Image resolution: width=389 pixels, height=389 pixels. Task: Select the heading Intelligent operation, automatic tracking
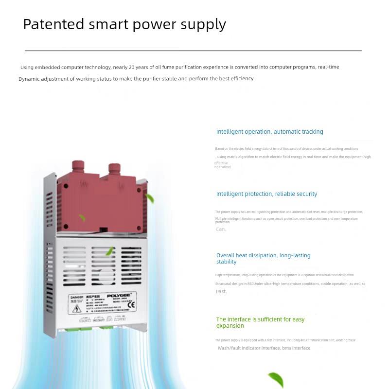[269, 132]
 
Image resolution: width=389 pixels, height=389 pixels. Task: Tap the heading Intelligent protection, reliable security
[266, 194]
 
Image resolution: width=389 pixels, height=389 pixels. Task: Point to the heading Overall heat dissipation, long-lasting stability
[263, 258]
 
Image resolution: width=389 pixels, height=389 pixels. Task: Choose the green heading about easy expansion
[260, 322]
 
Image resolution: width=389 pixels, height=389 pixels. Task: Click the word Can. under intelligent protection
[221, 229]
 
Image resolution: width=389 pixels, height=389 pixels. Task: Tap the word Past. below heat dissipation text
[221, 291]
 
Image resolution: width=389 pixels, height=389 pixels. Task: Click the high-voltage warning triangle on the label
[77, 309]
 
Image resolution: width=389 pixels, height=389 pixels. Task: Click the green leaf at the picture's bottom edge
[276, 379]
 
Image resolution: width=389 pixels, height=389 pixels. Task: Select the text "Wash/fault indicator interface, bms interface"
[264, 348]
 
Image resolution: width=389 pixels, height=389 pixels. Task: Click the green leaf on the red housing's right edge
[149, 198]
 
